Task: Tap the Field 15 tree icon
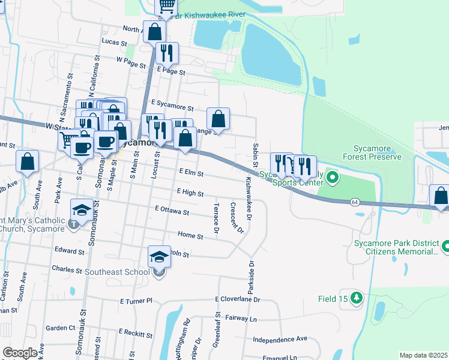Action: point(357,298)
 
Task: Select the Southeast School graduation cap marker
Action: point(159,257)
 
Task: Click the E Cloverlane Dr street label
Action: point(239,299)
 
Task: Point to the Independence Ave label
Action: point(280,339)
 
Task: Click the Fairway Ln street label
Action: point(241,317)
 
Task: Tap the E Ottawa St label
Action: point(172,211)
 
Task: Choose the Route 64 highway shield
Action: point(355,202)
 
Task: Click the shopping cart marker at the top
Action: point(166,7)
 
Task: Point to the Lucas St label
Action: point(115,43)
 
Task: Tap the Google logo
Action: point(20,353)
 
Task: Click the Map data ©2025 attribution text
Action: point(423,355)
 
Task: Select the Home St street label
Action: point(190,236)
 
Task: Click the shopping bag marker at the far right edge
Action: point(441,197)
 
